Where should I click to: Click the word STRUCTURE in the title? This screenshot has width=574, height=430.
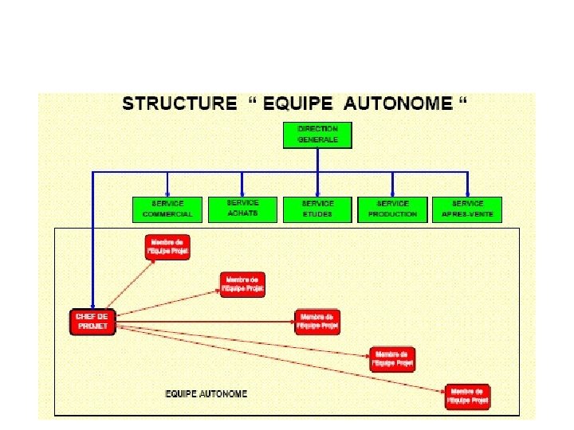(179, 104)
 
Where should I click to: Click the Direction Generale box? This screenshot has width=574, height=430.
(317, 135)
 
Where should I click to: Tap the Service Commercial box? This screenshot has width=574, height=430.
(167, 209)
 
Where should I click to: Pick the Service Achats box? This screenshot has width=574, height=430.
(242, 209)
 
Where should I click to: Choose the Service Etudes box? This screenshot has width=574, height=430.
(317, 209)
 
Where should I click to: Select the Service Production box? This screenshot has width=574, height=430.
(392, 209)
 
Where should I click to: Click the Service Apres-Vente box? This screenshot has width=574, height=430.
(467, 209)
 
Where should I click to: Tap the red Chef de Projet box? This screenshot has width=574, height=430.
(92, 322)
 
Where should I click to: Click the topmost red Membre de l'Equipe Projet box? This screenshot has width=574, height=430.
(167, 247)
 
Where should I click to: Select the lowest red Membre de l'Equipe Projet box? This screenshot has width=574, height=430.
(468, 397)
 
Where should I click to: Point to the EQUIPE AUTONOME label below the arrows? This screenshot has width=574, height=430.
(206, 393)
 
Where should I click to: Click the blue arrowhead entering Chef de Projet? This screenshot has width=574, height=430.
(92, 306)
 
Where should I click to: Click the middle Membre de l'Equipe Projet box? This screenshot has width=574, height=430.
(317, 322)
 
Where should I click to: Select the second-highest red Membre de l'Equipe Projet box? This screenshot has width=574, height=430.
(242, 284)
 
